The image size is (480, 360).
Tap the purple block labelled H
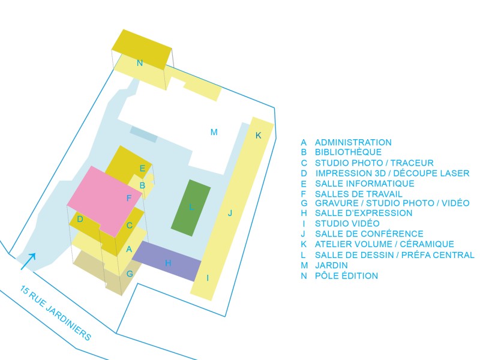pyautogui.click(x=167, y=262)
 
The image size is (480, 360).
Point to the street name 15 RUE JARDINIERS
pyautogui.click(x=55, y=313)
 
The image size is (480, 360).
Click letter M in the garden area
pyautogui.click(x=213, y=132)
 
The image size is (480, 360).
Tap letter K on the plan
pyautogui.click(x=259, y=136)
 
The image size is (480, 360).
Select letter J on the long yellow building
pyautogui.click(x=229, y=212)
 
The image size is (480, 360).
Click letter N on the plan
pyautogui.click(x=140, y=62)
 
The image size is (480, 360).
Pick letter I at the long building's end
pyautogui.click(x=208, y=278)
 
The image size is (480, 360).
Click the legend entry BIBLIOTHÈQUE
pyautogui.click(x=348, y=152)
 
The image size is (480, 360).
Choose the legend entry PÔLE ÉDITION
pyautogui.click(x=346, y=276)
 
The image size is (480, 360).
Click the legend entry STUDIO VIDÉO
pyautogui.click(x=347, y=224)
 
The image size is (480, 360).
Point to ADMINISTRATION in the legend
pyautogui.click(x=353, y=142)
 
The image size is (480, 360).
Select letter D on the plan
pyautogui.click(x=80, y=219)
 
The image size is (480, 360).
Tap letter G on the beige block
pyautogui.click(x=129, y=274)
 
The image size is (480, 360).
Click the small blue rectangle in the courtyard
pyautogui.click(x=144, y=134)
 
